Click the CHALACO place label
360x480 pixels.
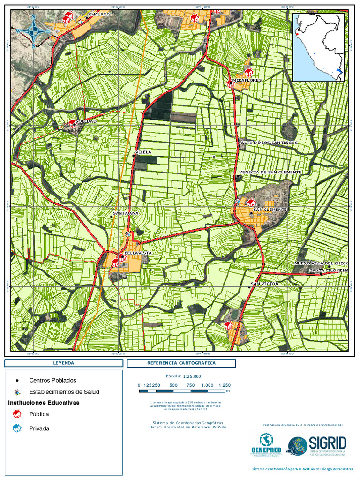99,15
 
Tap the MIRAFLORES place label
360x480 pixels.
250,81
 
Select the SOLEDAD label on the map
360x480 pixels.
86,121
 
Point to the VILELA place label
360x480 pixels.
143,152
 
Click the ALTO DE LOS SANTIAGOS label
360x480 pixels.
269,142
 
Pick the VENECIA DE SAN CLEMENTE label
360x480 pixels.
270,172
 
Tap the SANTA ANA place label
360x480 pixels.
126,213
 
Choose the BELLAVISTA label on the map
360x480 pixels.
138,253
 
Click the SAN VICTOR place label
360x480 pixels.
264,284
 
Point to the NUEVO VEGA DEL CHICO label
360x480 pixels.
321,263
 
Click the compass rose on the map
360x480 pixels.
33,31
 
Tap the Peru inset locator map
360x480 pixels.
319,47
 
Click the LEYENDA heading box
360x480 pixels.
63,363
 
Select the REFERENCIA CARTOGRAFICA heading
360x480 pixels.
181,363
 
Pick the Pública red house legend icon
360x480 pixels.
17,413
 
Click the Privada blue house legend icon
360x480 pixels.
17,428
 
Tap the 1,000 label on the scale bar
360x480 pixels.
207,385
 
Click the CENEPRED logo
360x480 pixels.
266,444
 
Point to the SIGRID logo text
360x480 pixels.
328,442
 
